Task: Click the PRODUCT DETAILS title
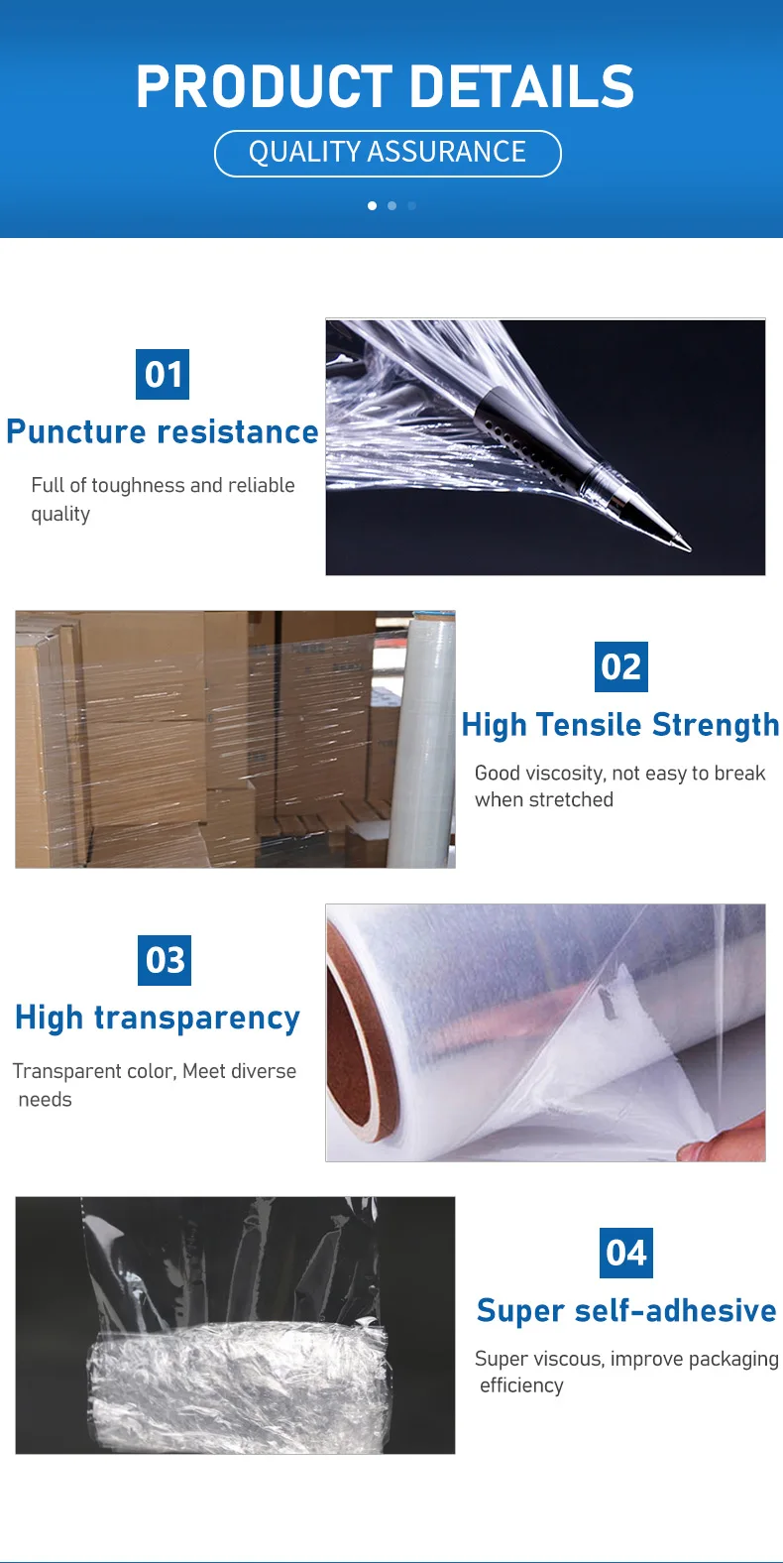pyautogui.click(x=385, y=86)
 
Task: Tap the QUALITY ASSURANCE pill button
pyautogui.click(x=388, y=153)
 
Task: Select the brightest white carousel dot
pyautogui.click(x=373, y=206)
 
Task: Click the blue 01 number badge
pyautogui.click(x=163, y=374)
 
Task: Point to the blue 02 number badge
pyautogui.click(x=621, y=667)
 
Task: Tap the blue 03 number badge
pyautogui.click(x=165, y=960)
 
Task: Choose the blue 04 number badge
pyautogui.click(x=626, y=1254)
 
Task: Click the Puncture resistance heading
pyautogui.click(x=163, y=432)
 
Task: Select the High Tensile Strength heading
pyautogui.click(x=619, y=726)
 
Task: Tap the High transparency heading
pyautogui.click(x=158, y=1019)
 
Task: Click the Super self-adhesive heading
pyautogui.click(x=626, y=1310)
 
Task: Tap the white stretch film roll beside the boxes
pyautogui.click(x=422, y=740)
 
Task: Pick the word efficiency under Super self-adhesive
pyautogui.click(x=521, y=1385)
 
